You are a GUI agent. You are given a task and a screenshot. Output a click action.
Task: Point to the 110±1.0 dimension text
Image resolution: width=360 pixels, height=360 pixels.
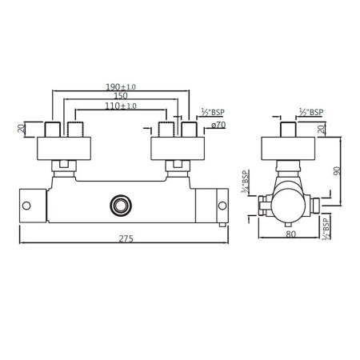[121, 106]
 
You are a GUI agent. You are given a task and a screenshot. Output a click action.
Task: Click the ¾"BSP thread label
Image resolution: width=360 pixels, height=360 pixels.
[246, 182]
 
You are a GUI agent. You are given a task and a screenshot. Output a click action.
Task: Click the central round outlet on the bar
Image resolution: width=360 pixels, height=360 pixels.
[122, 205]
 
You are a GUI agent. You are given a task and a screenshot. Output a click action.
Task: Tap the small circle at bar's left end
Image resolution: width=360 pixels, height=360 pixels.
[26, 206]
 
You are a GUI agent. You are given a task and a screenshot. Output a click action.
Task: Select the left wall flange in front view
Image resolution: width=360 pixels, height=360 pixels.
[64, 147]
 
